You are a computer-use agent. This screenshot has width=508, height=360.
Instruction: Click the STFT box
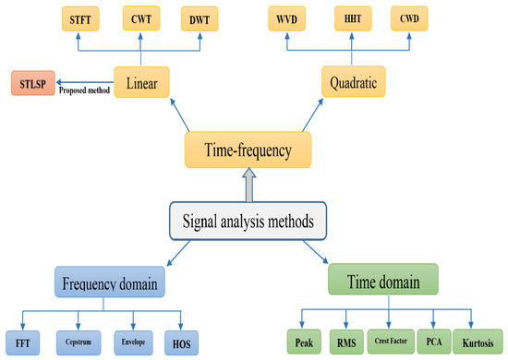(80, 19)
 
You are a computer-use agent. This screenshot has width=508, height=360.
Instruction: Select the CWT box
(141, 18)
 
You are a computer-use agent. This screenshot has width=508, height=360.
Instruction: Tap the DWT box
(200, 19)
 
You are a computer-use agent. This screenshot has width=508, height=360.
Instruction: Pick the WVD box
(286, 18)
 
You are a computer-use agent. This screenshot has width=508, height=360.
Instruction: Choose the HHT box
(353, 18)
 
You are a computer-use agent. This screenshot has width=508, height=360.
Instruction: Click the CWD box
(409, 18)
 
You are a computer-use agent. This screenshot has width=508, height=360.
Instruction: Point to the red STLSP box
(33, 83)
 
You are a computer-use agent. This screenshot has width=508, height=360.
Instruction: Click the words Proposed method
(84, 90)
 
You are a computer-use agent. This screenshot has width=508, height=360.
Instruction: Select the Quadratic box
(354, 81)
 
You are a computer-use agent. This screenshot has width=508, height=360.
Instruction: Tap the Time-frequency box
(248, 150)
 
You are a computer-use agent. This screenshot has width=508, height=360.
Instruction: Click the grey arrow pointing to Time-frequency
(249, 185)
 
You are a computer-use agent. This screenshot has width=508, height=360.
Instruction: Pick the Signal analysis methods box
(248, 222)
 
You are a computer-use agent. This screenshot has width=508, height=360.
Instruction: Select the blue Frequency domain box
(110, 282)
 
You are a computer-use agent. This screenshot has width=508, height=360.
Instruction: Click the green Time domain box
(383, 280)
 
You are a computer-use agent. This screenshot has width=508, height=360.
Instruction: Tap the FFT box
(23, 342)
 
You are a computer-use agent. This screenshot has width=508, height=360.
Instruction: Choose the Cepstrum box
(79, 342)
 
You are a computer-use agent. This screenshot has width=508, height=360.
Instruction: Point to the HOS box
(181, 342)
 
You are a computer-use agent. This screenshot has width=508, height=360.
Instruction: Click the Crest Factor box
(391, 342)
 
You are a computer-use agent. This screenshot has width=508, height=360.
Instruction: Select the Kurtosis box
(478, 342)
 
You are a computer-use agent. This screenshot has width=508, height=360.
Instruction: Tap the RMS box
(346, 342)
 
